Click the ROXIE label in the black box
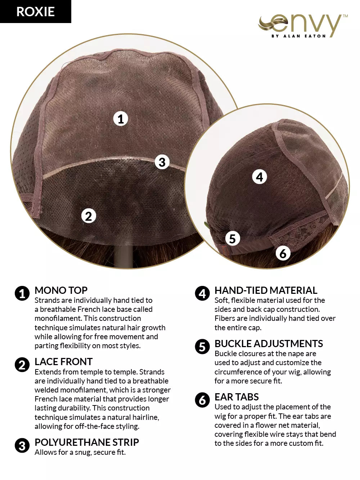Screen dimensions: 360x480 coord(35,12)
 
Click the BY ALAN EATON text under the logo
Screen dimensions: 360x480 coord(298,36)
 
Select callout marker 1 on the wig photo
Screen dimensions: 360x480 coord(121,119)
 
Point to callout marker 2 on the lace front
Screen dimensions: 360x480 coord(89,216)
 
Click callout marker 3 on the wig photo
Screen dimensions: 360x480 coord(162,162)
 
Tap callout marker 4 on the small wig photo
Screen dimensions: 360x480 coord(260,177)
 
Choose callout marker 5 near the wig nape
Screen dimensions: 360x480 coord(232,238)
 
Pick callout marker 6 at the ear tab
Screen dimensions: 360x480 coord(283,254)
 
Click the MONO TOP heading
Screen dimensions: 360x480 coord(61,290)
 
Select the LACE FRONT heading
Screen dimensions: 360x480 coord(64,362)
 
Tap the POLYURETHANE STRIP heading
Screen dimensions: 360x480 coord(87,442)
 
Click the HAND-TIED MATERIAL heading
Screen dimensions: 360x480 coord(266,290)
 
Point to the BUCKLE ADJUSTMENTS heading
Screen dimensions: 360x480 coord(269,344)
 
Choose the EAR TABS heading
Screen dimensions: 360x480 coord(237,397)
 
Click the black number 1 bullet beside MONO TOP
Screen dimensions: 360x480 coord(22,293)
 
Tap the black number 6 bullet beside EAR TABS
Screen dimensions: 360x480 coord(202,400)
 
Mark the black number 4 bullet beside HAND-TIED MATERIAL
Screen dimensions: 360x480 coord(202,293)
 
